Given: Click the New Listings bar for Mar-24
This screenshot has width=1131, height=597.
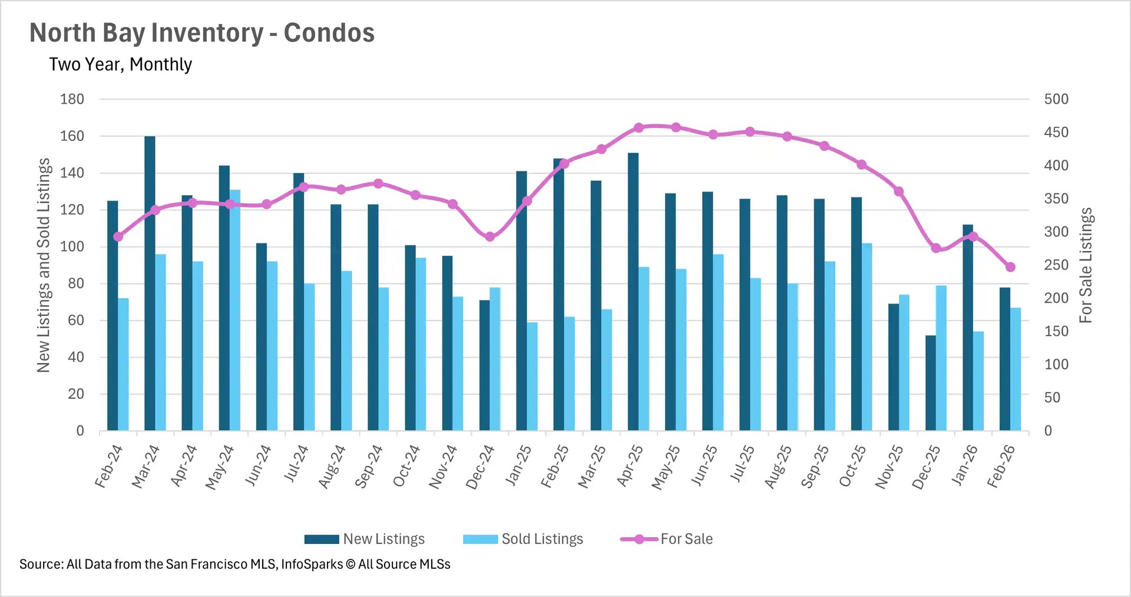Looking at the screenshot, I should click(150, 283).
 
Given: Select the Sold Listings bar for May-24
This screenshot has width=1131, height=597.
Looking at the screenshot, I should click(235, 310).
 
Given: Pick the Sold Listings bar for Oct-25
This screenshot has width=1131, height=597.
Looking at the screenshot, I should click(867, 337).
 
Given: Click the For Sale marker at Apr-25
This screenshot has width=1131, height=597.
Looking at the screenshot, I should click(639, 127).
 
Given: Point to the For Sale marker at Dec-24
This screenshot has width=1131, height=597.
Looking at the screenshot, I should click(490, 236).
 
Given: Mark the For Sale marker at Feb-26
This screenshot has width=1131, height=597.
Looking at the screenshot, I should click(1010, 267).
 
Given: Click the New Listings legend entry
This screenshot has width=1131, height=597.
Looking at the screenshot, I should click(365, 539).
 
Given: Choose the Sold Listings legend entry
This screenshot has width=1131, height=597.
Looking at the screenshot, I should click(524, 539).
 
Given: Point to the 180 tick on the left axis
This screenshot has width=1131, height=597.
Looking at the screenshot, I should click(72, 99).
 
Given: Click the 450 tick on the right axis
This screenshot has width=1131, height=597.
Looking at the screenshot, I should click(1056, 133).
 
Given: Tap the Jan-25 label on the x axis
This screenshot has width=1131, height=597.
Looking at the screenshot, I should click(518, 466).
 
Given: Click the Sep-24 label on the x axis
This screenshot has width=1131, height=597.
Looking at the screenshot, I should click(369, 466).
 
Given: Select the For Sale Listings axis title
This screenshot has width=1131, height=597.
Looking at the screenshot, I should click(1085, 265).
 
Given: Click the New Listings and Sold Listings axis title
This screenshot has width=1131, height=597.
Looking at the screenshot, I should click(44, 265).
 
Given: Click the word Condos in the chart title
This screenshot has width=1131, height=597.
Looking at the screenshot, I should click(329, 33).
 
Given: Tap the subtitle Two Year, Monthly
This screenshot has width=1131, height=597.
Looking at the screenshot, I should click(121, 64).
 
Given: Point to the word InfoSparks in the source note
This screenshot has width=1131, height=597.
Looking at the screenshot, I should click(312, 564).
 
